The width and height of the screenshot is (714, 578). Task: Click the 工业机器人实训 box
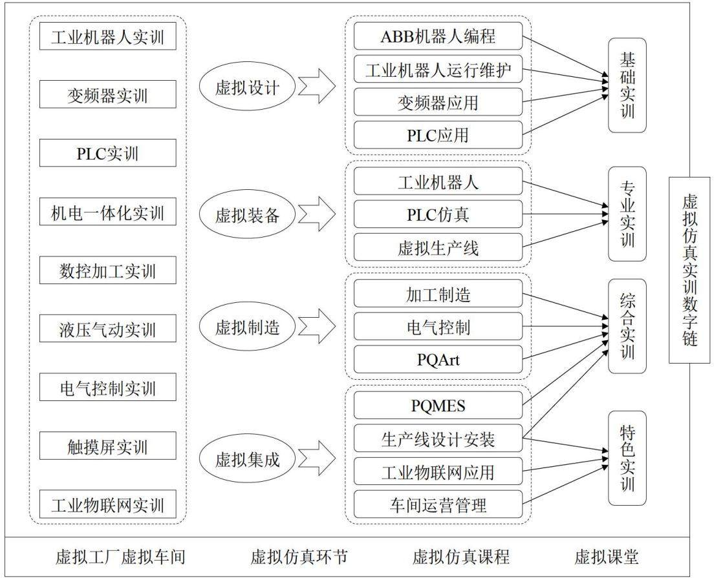click(107, 36)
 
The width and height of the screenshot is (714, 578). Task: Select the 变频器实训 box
click(107, 94)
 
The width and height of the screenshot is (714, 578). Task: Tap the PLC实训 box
click(107, 153)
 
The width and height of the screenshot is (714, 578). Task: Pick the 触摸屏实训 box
click(107, 446)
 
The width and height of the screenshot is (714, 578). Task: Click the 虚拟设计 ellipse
click(247, 87)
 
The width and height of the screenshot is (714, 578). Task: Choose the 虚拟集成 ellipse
click(247, 459)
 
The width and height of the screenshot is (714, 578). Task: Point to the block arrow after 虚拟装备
click(317, 214)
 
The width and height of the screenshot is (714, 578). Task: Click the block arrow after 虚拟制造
click(317, 326)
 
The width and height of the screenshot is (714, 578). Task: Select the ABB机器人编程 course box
click(438, 36)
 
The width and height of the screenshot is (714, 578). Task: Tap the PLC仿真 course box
click(438, 214)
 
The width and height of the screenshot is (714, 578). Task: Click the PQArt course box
click(438, 359)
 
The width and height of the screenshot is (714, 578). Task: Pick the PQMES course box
click(438, 405)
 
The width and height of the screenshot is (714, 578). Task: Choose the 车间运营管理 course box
click(438, 504)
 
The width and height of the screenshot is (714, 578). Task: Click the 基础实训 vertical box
click(627, 85)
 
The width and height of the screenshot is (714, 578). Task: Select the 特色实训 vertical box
click(627, 459)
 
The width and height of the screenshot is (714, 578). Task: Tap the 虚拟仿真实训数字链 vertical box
click(689, 270)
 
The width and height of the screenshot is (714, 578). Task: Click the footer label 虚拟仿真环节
click(299, 557)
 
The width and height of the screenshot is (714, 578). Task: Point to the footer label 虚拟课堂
click(607, 557)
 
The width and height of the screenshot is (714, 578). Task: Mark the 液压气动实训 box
click(107, 328)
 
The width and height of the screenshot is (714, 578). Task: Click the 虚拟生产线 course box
click(438, 247)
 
